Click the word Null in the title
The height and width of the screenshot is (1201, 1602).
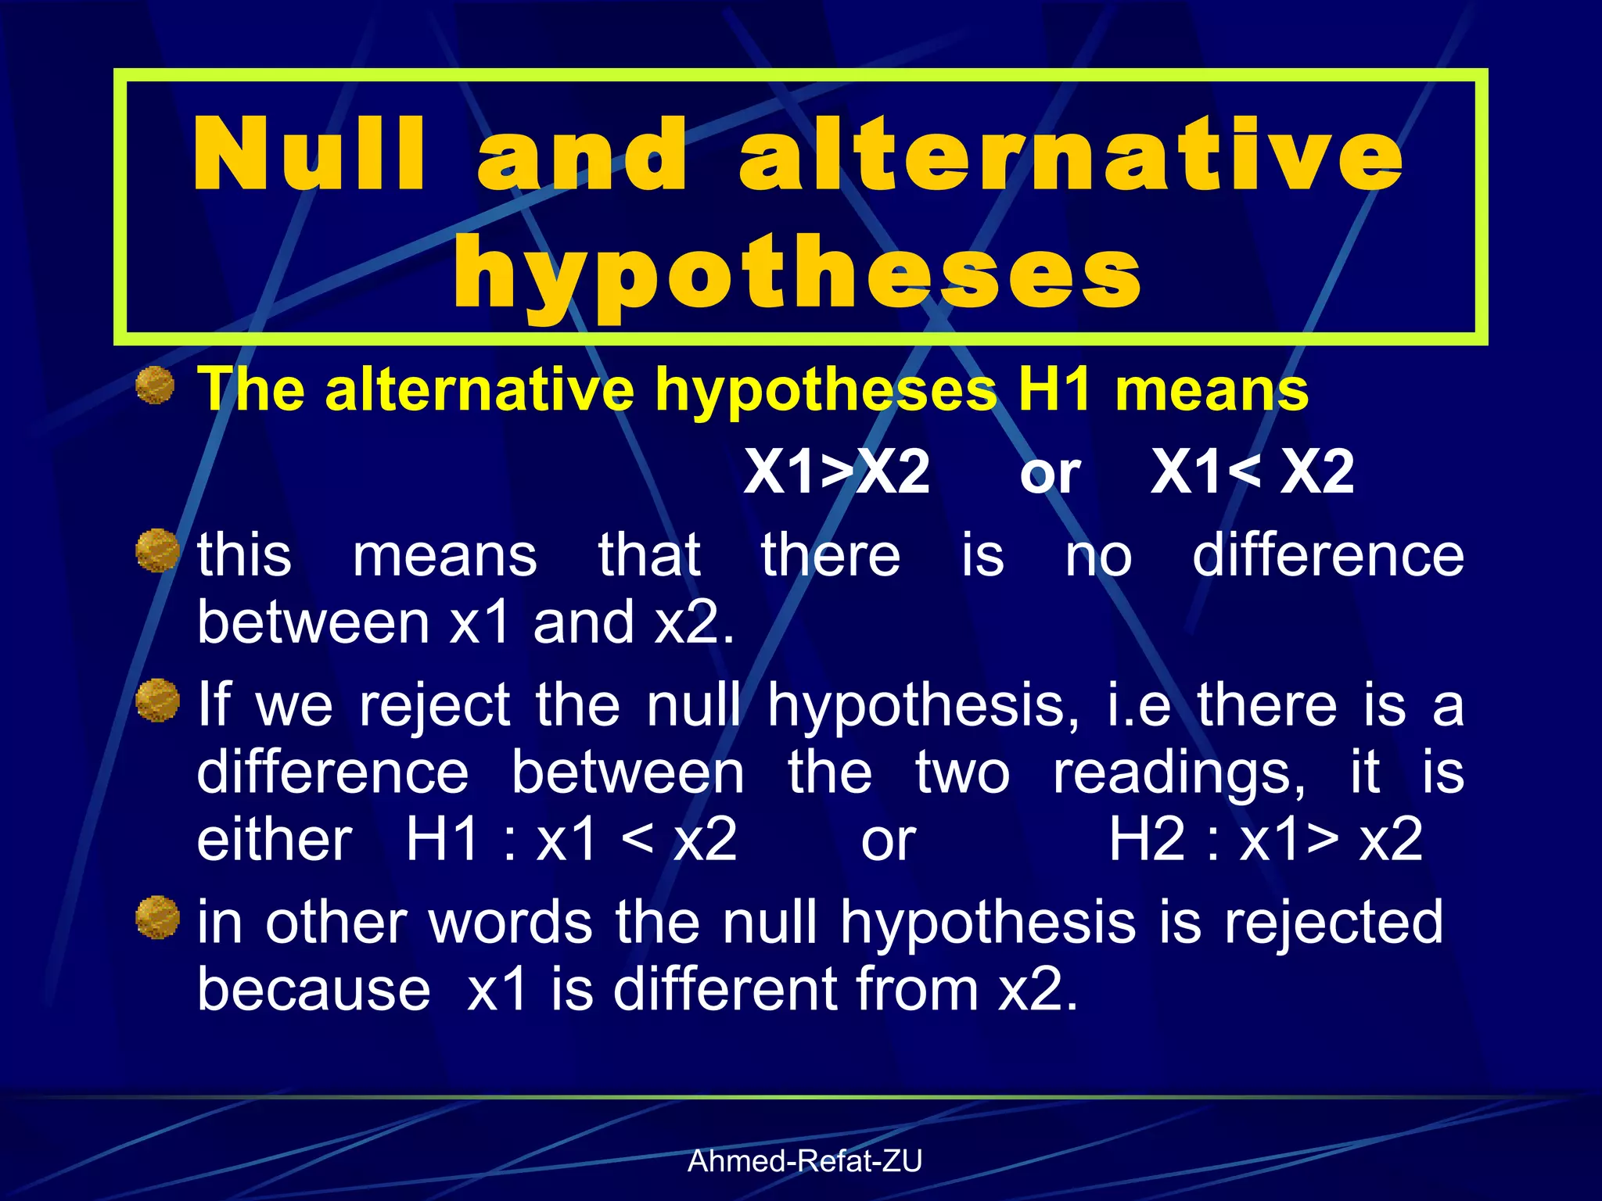click(310, 153)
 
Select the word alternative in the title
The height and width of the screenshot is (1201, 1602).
click(1070, 153)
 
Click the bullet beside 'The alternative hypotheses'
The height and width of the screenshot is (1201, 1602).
click(156, 385)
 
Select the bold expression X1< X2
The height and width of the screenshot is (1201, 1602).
click(1252, 472)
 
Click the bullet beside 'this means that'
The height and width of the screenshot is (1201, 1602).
click(156, 550)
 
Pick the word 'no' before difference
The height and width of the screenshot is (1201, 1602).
click(1098, 557)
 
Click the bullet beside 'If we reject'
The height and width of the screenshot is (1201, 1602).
click(156, 700)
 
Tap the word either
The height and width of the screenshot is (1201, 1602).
click(275, 840)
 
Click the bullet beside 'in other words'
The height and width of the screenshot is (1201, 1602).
click(156, 917)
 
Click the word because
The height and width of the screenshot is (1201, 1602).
click(314, 990)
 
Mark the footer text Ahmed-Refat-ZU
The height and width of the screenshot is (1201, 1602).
click(805, 1162)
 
